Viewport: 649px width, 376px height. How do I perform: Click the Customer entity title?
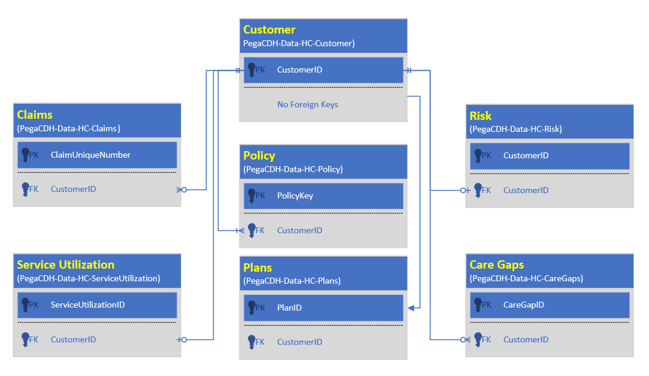(x=269, y=30)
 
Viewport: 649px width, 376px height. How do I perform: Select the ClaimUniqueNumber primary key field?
(x=90, y=155)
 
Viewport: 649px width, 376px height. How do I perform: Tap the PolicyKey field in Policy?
(x=295, y=195)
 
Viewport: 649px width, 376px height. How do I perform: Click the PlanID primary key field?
(x=289, y=308)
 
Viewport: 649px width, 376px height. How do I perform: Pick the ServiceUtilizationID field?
(x=87, y=305)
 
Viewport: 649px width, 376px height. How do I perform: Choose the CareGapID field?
(x=523, y=305)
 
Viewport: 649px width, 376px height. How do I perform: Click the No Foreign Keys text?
(x=307, y=104)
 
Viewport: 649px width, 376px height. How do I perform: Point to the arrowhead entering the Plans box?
(x=411, y=308)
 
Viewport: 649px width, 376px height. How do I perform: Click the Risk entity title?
(x=481, y=116)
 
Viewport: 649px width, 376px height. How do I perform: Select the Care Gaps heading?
(x=496, y=264)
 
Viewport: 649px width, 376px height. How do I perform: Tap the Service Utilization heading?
(x=65, y=264)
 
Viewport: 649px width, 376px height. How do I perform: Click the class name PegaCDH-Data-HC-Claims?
(x=68, y=128)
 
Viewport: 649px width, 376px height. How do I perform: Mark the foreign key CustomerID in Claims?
(x=73, y=189)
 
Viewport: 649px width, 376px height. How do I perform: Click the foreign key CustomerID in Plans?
(x=299, y=342)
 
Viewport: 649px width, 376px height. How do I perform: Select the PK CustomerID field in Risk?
(x=526, y=155)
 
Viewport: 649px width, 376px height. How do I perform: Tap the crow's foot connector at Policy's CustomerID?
(x=240, y=230)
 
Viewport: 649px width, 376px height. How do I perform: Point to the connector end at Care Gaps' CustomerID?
(x=466, y=339)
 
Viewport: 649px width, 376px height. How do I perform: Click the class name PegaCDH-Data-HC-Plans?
(x=292, y=280)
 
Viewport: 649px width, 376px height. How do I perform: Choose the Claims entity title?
(x=35, y=115)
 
